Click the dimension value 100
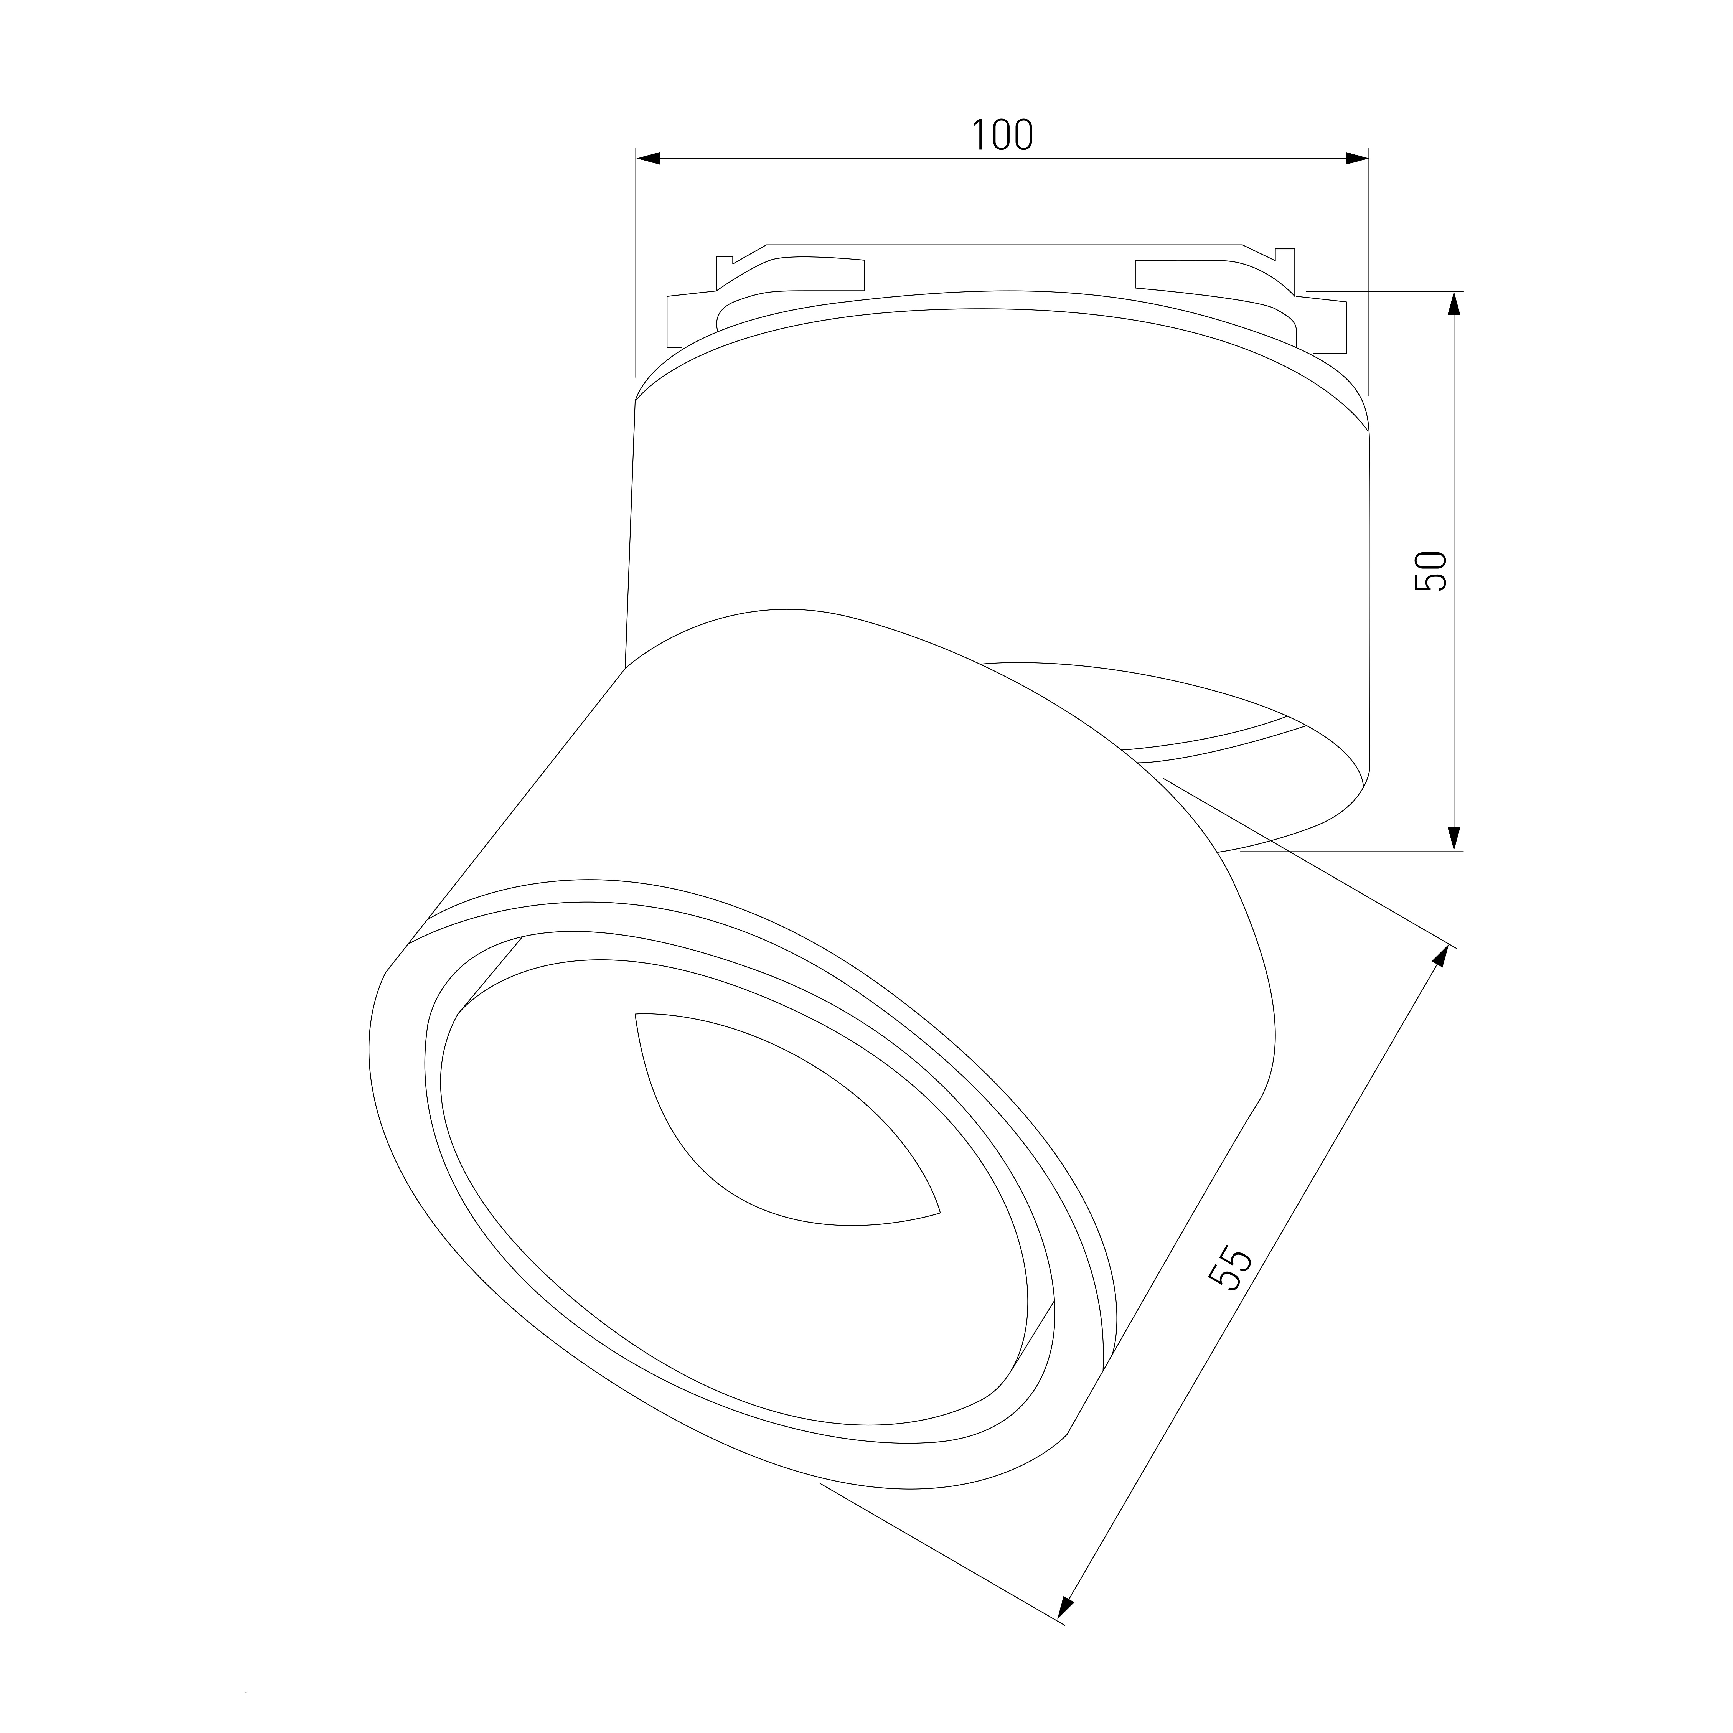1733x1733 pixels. tap(1003, 134)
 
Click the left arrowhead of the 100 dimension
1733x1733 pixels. tap(648, 159)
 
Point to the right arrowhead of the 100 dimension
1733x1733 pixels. tap(1356, 159)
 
